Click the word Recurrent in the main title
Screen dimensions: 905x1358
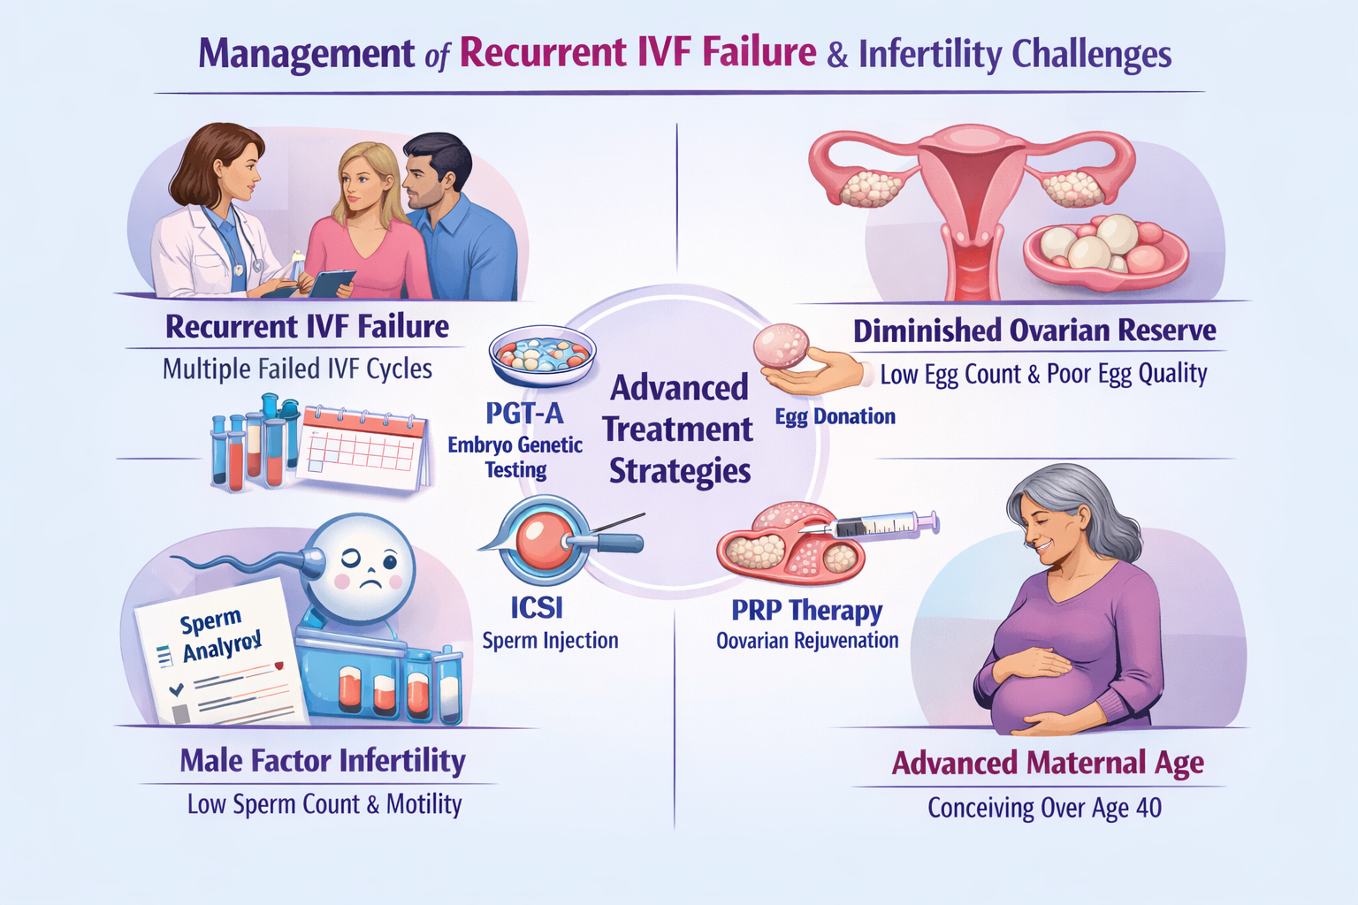(x=544, y=53)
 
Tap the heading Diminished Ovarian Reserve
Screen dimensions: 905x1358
(x=1034, y=331)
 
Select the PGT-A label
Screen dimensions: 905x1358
(x=524, y=412)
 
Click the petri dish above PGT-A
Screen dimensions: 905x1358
(x=541, y=354)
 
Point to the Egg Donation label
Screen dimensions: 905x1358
(x=835, y=416)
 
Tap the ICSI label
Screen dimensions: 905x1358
(x=537, y=607)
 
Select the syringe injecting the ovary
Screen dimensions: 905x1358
(x=884, y=527)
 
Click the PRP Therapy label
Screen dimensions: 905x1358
(x=806, y=610)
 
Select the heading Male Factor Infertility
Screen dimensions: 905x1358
(x=323, y=760)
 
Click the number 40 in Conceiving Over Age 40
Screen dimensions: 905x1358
(x=1148, y=808)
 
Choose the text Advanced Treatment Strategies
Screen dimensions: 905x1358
(x=679, y=430)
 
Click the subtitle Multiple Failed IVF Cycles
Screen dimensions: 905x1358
(x=297, y=369)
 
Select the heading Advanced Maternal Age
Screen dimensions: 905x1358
(x=1048, y=763)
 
